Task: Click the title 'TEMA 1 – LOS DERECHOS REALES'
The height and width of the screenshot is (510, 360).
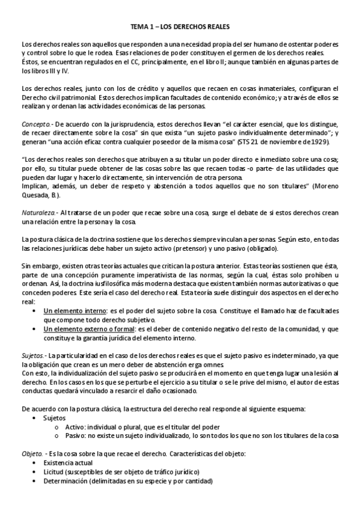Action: tap(180, 27)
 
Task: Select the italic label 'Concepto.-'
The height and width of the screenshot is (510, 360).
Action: tap(35, 124)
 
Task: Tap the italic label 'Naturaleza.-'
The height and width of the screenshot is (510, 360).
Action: tap(38, 214)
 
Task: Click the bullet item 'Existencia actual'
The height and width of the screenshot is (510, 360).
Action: tap(69, 464)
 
